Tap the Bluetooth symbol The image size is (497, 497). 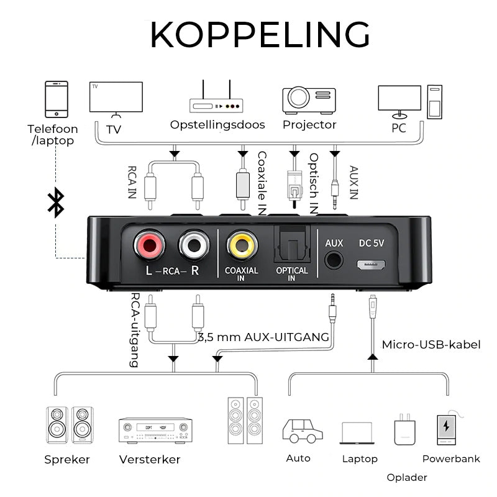[57, 203]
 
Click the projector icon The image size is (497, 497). [309, 100]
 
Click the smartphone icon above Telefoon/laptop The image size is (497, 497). [57, 99]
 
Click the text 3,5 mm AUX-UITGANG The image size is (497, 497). [263, 337]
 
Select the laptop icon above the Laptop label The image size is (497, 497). [357, 433]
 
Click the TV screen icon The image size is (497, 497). [116, 98]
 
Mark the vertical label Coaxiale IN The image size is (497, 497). [262, 183]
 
